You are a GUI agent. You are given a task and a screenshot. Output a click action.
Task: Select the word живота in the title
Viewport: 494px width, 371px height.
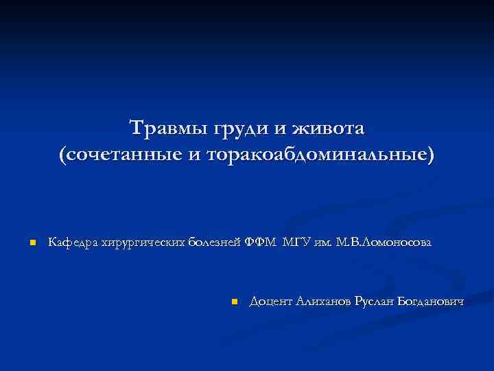coord(329,128)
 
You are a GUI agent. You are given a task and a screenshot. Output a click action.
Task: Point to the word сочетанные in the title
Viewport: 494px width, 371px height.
coord(123,155)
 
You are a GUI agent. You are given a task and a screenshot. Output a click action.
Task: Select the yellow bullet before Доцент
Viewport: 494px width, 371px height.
coord(234,302)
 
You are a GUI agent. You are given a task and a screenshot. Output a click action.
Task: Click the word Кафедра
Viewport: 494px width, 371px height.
coord(72,242)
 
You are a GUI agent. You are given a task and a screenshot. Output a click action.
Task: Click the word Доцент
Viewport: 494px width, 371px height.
coord(272,302)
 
